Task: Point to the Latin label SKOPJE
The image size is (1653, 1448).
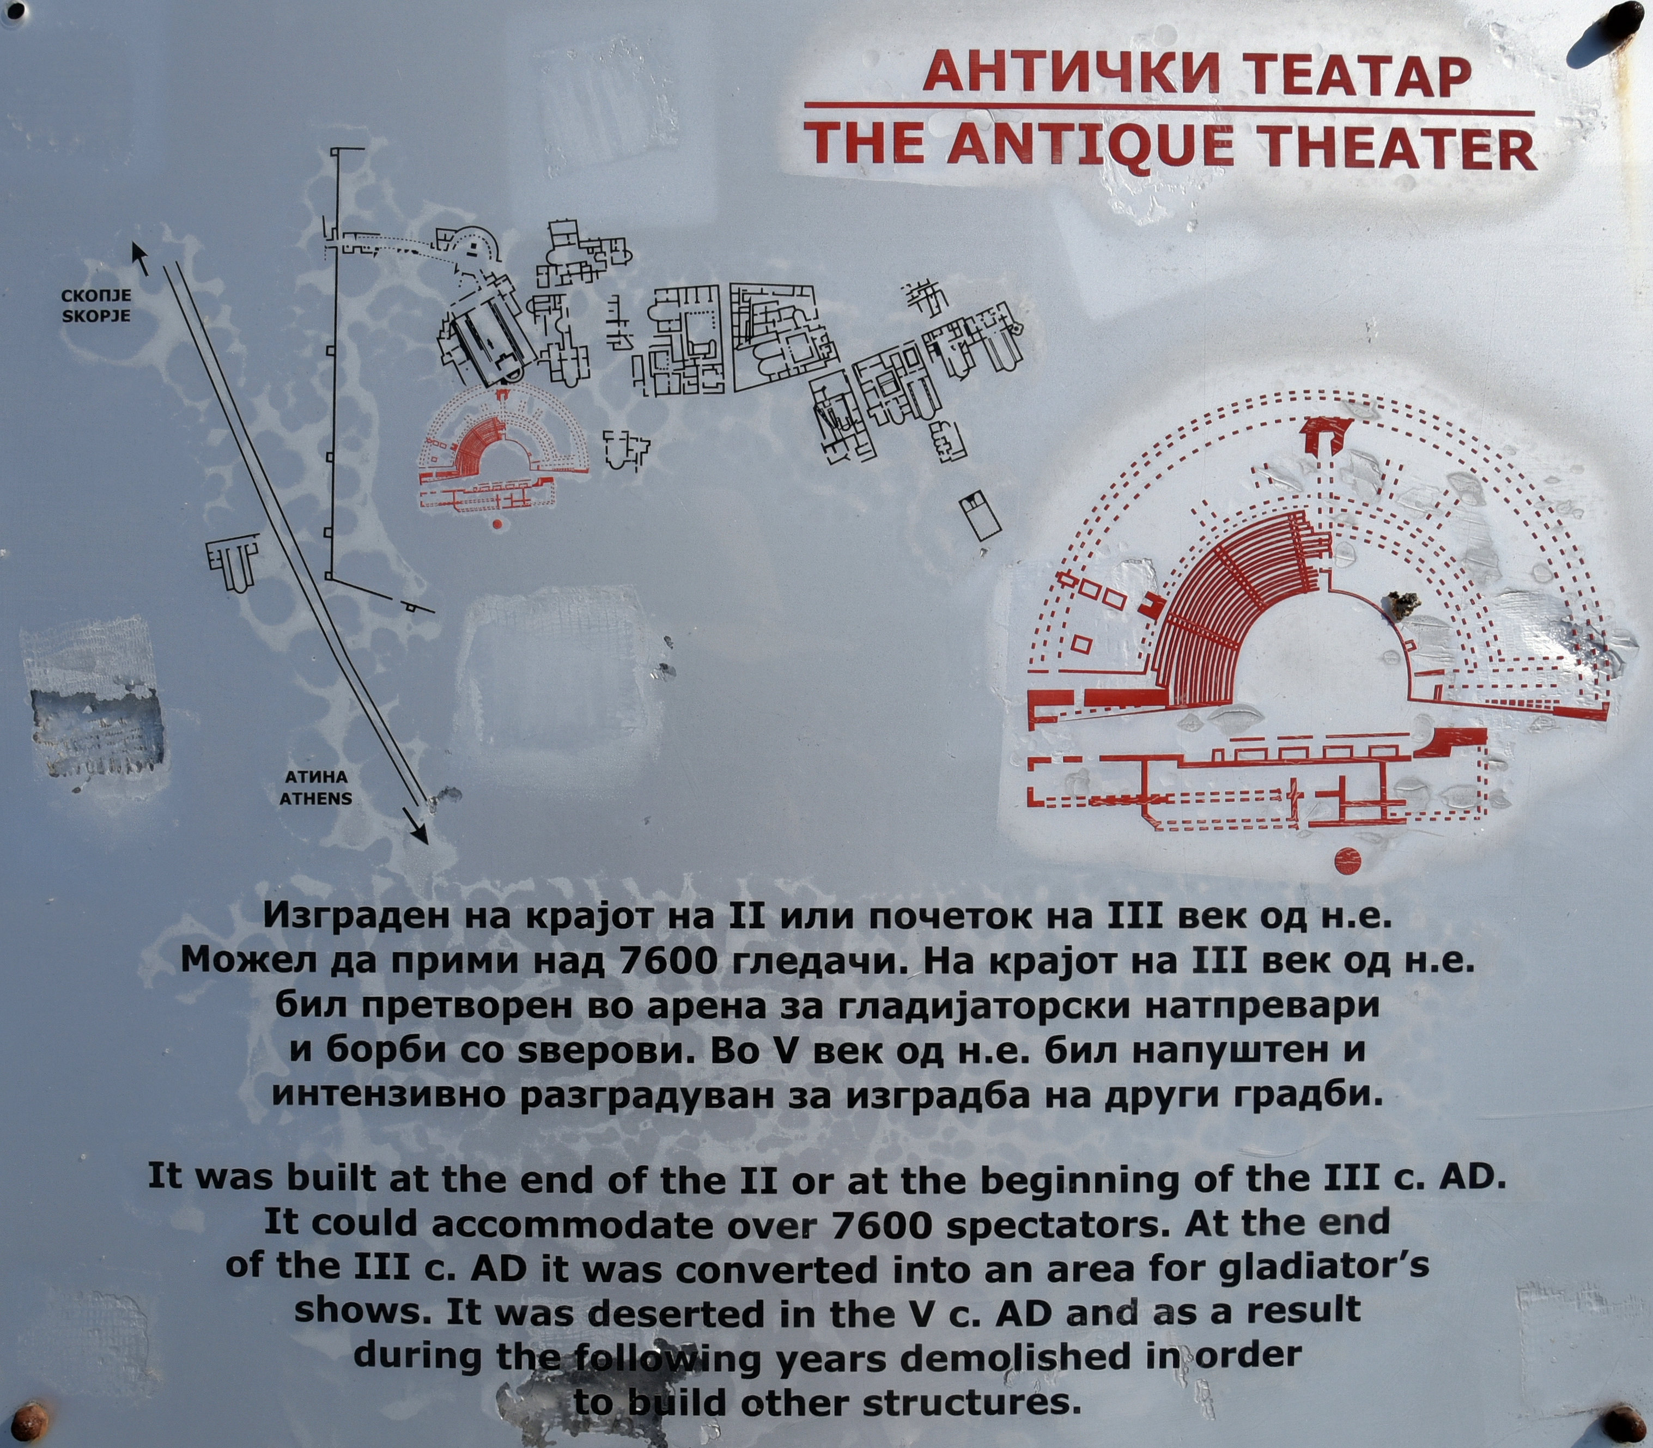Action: click(96, 314)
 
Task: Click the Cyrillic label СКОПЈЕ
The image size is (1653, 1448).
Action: click(96, 296)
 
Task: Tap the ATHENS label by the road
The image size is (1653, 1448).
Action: click(316, 798)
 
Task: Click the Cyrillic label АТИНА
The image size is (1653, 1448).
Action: click(316, 777)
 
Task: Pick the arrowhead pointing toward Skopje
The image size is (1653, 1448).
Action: click(140, 259)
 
